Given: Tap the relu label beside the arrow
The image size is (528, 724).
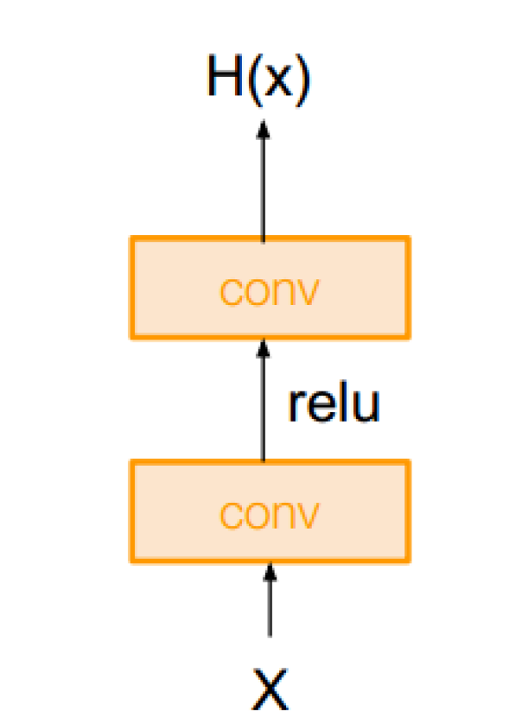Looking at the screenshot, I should pos(334,403).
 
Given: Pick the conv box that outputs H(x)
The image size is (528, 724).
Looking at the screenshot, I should pos(269,287).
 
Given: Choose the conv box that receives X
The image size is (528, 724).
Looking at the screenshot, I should pos(269,511).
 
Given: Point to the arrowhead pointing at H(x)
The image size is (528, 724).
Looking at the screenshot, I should pos(262,130).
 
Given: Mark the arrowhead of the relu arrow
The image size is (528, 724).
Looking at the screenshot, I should pos(262,348).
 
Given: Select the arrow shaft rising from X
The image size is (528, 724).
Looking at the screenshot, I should pos(269,610).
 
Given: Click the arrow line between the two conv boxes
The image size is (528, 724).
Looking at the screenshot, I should pos(262,407).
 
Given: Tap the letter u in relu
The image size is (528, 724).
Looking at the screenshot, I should pos(366,407).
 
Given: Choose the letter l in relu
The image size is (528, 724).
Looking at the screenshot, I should pos(341,402).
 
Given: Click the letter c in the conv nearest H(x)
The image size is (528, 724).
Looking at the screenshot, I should pos(231,293).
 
